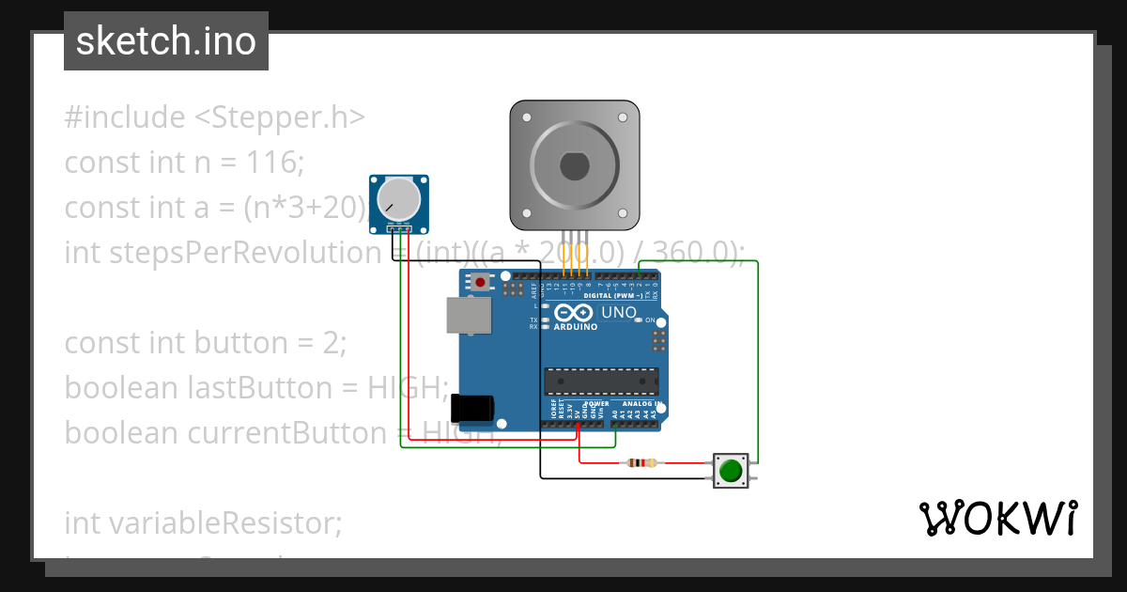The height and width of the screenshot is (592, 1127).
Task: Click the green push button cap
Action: click(730, 468)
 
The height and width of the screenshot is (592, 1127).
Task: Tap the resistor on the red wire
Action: click(642, 462)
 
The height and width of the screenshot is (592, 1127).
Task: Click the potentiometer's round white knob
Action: click(398, 200)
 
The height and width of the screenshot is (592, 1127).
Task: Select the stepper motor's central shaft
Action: click(574, 166)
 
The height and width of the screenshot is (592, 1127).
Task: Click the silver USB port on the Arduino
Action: click(467, 316)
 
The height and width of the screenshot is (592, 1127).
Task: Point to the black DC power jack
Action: click(472, 408)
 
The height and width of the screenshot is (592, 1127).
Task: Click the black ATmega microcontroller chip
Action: click(601, 382)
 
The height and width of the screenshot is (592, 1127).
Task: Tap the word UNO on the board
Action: click(619, 313)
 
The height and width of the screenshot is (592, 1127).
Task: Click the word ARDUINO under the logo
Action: click(575, 328)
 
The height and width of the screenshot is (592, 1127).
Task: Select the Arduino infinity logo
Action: click(574, 313)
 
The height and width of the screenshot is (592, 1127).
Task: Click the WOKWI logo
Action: click(996, 519)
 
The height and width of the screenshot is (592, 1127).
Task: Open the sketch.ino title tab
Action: click(166, 41)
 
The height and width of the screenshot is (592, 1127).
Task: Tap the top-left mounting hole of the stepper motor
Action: click(527, 118)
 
